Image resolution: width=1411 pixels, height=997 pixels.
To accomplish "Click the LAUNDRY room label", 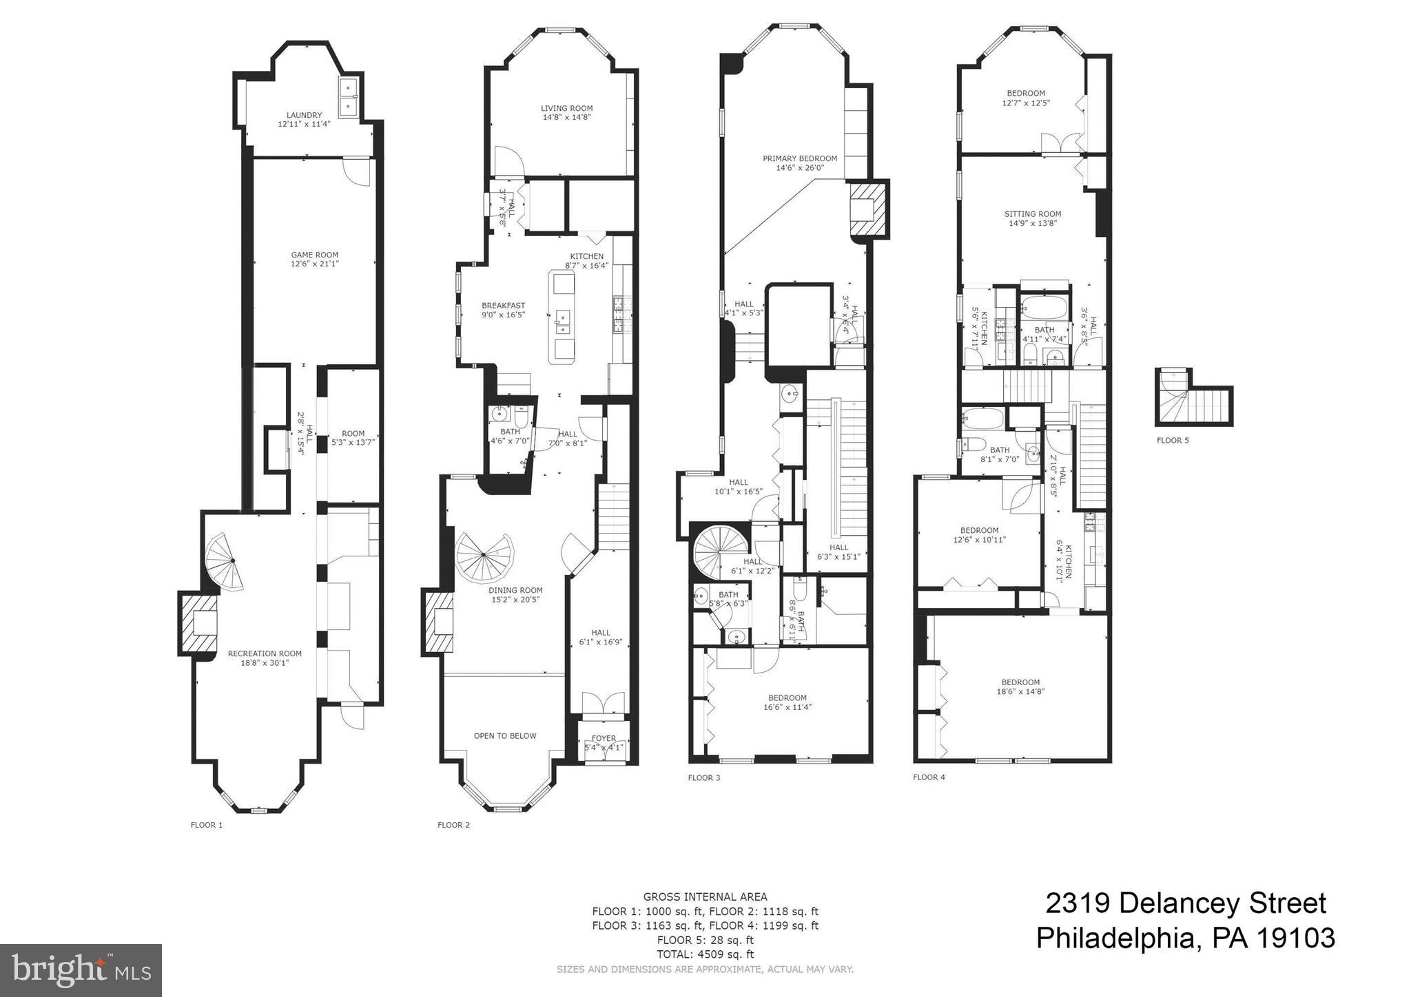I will pos(304,116).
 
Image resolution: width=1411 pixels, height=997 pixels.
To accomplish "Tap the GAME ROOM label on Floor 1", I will pos(314,255).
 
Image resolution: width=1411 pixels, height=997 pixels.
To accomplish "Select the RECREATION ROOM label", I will pos(265,653).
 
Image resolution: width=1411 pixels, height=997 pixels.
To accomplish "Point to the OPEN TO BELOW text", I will pos(504,735).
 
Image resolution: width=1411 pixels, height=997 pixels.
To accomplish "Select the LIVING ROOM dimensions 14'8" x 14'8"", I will pos(566,118).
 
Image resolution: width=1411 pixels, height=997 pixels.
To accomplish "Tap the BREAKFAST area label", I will pos(503,306).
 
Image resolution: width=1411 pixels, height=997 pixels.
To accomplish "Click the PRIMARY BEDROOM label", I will pos(799,158).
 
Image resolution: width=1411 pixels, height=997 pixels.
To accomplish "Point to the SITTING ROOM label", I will pos(1032,214).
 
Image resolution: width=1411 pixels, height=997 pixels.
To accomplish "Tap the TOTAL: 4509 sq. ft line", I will pos(705,954).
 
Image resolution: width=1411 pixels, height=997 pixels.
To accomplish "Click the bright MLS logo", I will pos(81,971).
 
